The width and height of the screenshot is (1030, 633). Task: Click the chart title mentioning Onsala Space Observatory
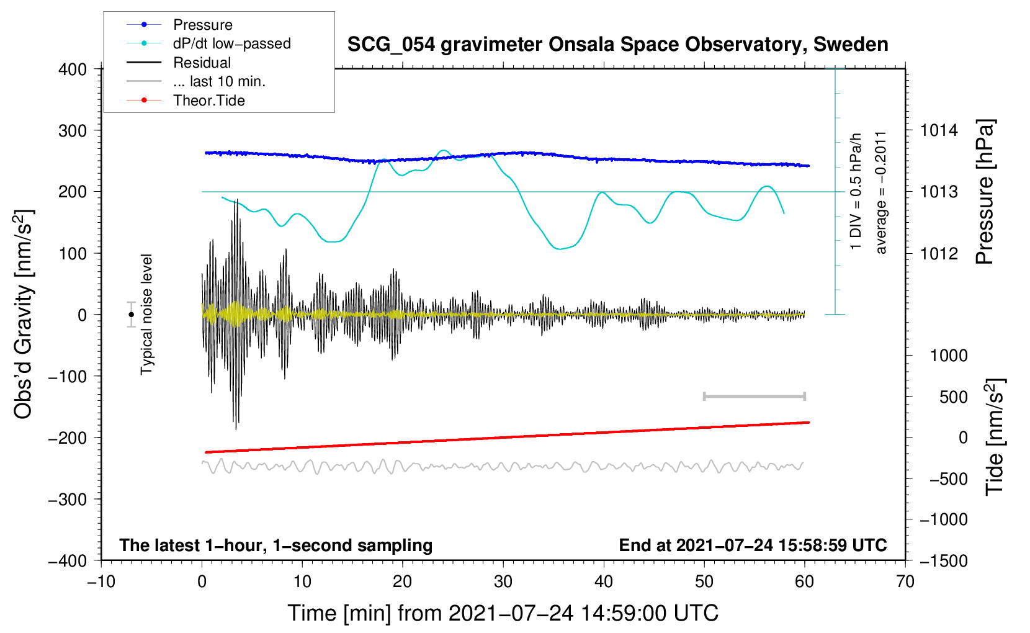point(617,45)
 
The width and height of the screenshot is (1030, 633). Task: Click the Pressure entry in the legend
point(202,25)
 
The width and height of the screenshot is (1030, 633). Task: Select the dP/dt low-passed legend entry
point(231,43)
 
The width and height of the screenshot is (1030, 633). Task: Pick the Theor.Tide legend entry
point(208,101)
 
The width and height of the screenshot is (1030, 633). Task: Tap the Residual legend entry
point(202,63)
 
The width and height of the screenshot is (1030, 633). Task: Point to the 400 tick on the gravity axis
point(73,70)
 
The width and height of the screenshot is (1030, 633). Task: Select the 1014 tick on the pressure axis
point(939,130)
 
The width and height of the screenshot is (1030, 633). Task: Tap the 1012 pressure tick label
point(939,253)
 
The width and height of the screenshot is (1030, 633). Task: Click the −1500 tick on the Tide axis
point(944,560)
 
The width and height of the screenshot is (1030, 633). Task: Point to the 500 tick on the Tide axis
point(953,397)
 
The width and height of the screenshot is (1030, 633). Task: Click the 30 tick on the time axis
point(503,581)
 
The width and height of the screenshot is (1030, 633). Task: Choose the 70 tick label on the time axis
point(905,581)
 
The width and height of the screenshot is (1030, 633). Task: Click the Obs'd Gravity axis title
point(24,315)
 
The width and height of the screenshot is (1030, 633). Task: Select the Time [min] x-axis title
point(503,613)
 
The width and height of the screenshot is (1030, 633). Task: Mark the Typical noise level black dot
point(132,315)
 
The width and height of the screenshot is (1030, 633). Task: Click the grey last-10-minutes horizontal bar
point(754,397)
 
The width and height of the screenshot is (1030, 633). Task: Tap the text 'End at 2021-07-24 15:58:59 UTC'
point(753,545)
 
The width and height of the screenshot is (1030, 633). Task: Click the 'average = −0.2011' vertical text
point(881,192)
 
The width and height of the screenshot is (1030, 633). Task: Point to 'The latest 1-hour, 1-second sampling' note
point(276,545)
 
